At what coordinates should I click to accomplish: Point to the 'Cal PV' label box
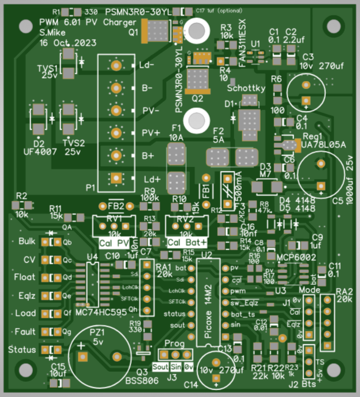(x=114, y=243)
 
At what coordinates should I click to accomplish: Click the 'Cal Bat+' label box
(x=188, y=243)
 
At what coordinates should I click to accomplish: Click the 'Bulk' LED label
(x=27, y=242)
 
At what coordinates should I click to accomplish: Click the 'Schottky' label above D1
(x=246, y=88)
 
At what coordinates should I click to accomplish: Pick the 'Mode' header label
(x=309, y=290)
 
